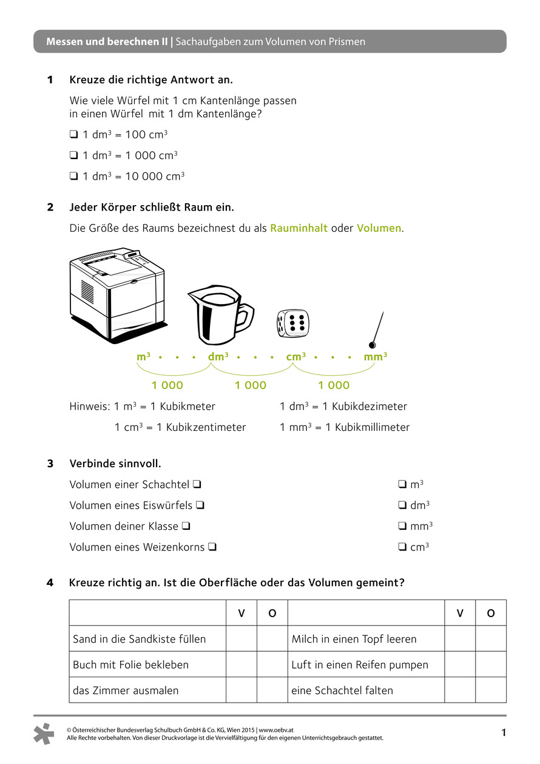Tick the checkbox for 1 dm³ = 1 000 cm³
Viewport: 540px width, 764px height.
pos(73,155)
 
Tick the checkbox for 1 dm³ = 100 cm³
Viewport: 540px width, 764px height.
pos(73,135)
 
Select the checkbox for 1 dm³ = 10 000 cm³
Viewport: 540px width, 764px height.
pos(73,177)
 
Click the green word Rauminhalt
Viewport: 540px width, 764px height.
pos(299,228)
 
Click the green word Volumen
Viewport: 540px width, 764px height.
pos(379,228)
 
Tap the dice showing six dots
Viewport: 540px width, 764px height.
pos(292,322)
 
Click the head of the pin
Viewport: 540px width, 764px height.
pos(373,345)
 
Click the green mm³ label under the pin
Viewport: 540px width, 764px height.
pos(376,357)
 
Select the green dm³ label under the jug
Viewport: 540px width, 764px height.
pos(218,357)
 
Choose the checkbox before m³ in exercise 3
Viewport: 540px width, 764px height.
pos(402,484)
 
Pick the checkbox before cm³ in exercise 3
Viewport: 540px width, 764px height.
pos(402,547)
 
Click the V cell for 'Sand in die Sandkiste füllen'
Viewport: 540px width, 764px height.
pos(241,639)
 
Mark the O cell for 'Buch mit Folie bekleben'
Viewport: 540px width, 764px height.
pos(272,664)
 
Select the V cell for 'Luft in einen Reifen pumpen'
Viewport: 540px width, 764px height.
pos(460,664)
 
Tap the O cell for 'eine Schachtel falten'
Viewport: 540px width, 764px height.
pos(490,690)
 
